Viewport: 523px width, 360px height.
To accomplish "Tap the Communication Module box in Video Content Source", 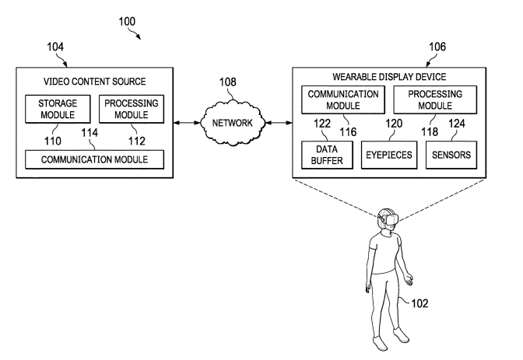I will click(97, 159).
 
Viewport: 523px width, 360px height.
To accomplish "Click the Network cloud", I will click(233, 123).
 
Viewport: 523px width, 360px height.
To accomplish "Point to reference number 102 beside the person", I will click(417, 302).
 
